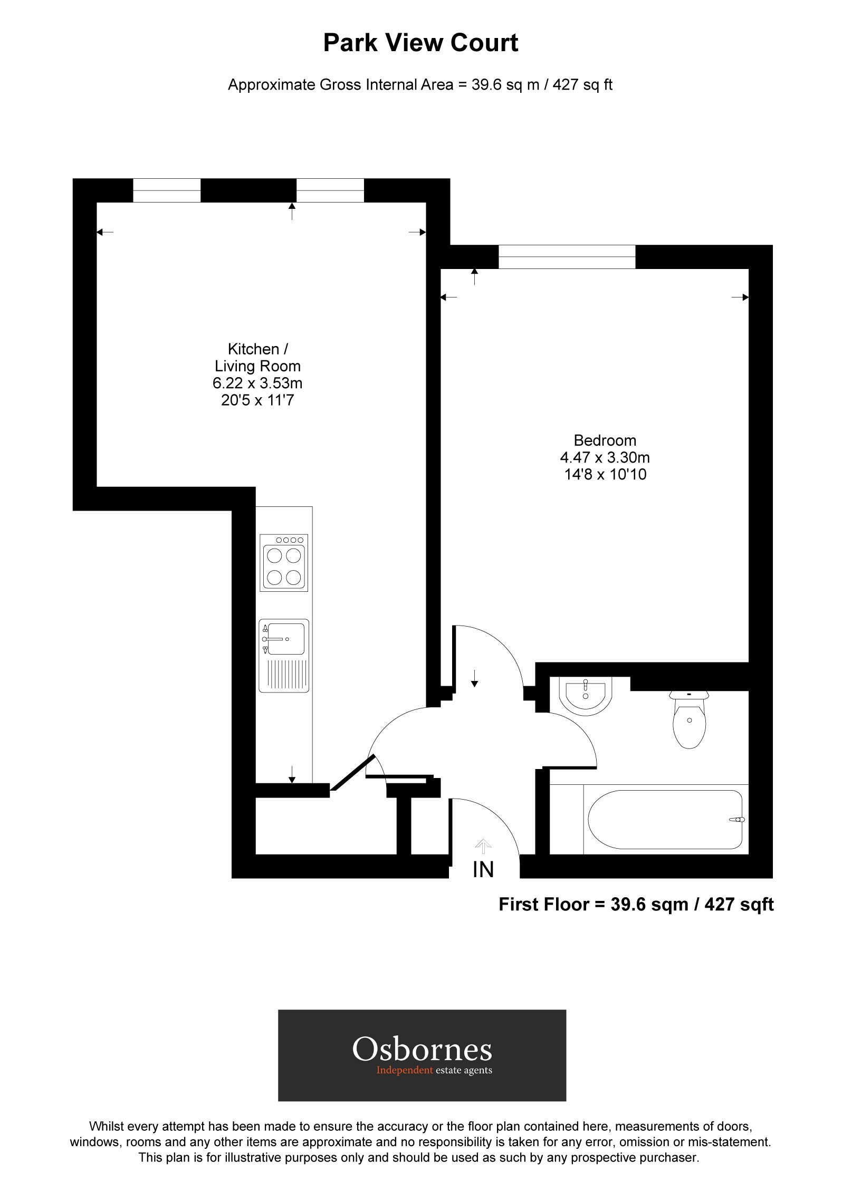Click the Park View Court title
[420, 43]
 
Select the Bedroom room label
[605, 440]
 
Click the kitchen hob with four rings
[284, 563]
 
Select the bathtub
[665, 819]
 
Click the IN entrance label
[483, 870]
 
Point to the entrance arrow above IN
[483, 846]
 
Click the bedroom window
[567, 257]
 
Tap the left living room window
[167, 190]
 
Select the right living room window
[330, 190]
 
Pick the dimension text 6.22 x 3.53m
[257, 383]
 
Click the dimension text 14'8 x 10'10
[605, 475]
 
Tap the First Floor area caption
[636, 905]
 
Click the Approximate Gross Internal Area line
[420, 85]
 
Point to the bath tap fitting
[736, 820]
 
